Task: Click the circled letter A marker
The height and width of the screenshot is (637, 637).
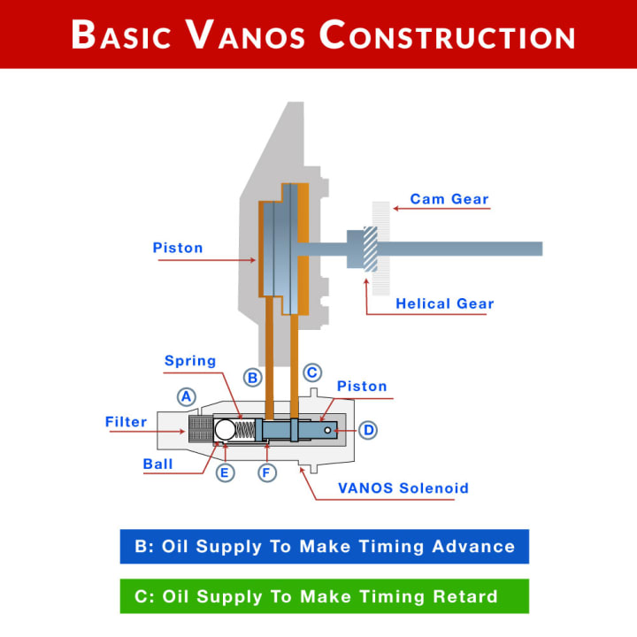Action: [186, 396]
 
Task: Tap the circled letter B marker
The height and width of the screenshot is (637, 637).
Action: [253, 378]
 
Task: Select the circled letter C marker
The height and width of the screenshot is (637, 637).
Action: [311, 372]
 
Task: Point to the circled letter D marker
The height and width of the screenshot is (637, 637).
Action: [368, 430]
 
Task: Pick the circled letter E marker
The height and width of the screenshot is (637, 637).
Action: [226, 472]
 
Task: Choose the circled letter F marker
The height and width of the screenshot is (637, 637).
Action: [267, 472]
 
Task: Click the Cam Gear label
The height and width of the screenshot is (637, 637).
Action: [449, 199]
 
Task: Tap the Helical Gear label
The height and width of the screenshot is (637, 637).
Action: [444, 303]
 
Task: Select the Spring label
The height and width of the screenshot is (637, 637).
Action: [190, 361]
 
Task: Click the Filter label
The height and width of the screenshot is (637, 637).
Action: [126, 422]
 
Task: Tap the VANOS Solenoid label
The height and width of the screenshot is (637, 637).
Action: [403, 487]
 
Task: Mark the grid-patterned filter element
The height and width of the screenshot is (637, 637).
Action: [201, 430]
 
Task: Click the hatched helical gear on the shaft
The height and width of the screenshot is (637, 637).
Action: [370, 249]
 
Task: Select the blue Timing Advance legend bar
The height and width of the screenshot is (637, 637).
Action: [324, 546]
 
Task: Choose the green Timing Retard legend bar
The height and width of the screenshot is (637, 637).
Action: [324, 595]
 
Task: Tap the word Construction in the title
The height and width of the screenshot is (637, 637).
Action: [448, 35]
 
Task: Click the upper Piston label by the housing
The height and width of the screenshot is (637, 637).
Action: [178, 248]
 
